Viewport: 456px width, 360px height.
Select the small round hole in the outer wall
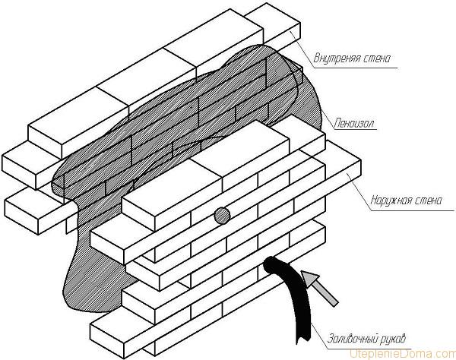coord(221,216)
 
